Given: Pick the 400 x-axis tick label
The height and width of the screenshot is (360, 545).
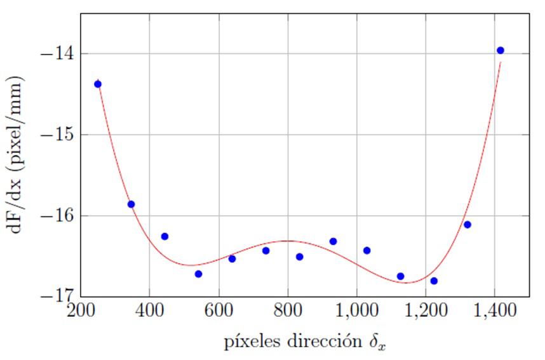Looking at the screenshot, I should (149, 312).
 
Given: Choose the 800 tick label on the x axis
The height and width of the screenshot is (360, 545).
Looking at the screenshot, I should (288, 312).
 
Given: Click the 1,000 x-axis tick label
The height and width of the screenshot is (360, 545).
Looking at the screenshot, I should (356, 312).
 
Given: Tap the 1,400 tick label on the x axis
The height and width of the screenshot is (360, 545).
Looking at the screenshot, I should (495, 312).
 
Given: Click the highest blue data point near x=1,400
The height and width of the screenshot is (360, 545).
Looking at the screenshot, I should (500, 50).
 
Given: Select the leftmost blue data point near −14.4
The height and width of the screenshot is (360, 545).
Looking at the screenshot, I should (98, 84).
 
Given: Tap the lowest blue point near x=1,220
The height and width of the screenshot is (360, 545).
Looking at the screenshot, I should (434, 281).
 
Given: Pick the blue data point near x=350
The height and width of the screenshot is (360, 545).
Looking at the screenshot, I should (131, 204).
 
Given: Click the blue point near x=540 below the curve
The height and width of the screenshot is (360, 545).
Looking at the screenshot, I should (198, 274).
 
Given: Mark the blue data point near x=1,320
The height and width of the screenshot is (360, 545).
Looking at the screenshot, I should (468, 224).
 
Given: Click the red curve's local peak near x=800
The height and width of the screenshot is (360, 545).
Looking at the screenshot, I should (288, 241).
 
